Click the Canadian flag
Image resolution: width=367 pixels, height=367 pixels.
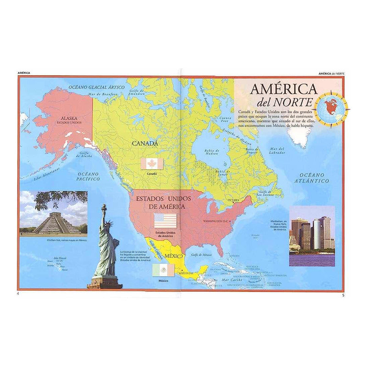pos(152,164)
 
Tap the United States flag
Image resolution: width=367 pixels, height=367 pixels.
pos(165,221)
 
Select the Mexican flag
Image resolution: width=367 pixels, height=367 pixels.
pos(163,270)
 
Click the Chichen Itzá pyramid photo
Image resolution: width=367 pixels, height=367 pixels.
pos(53,214)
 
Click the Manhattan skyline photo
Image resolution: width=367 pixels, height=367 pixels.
pos(312,236)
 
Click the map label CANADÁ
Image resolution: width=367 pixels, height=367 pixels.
pos(145,144)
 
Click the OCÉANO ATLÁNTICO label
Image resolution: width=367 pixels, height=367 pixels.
pos(311,178)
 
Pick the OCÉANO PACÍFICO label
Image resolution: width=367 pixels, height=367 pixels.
pos(89,176)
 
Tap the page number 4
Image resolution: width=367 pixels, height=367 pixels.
pos(18,294)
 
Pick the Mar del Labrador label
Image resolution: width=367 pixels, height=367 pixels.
pos(277,151)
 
